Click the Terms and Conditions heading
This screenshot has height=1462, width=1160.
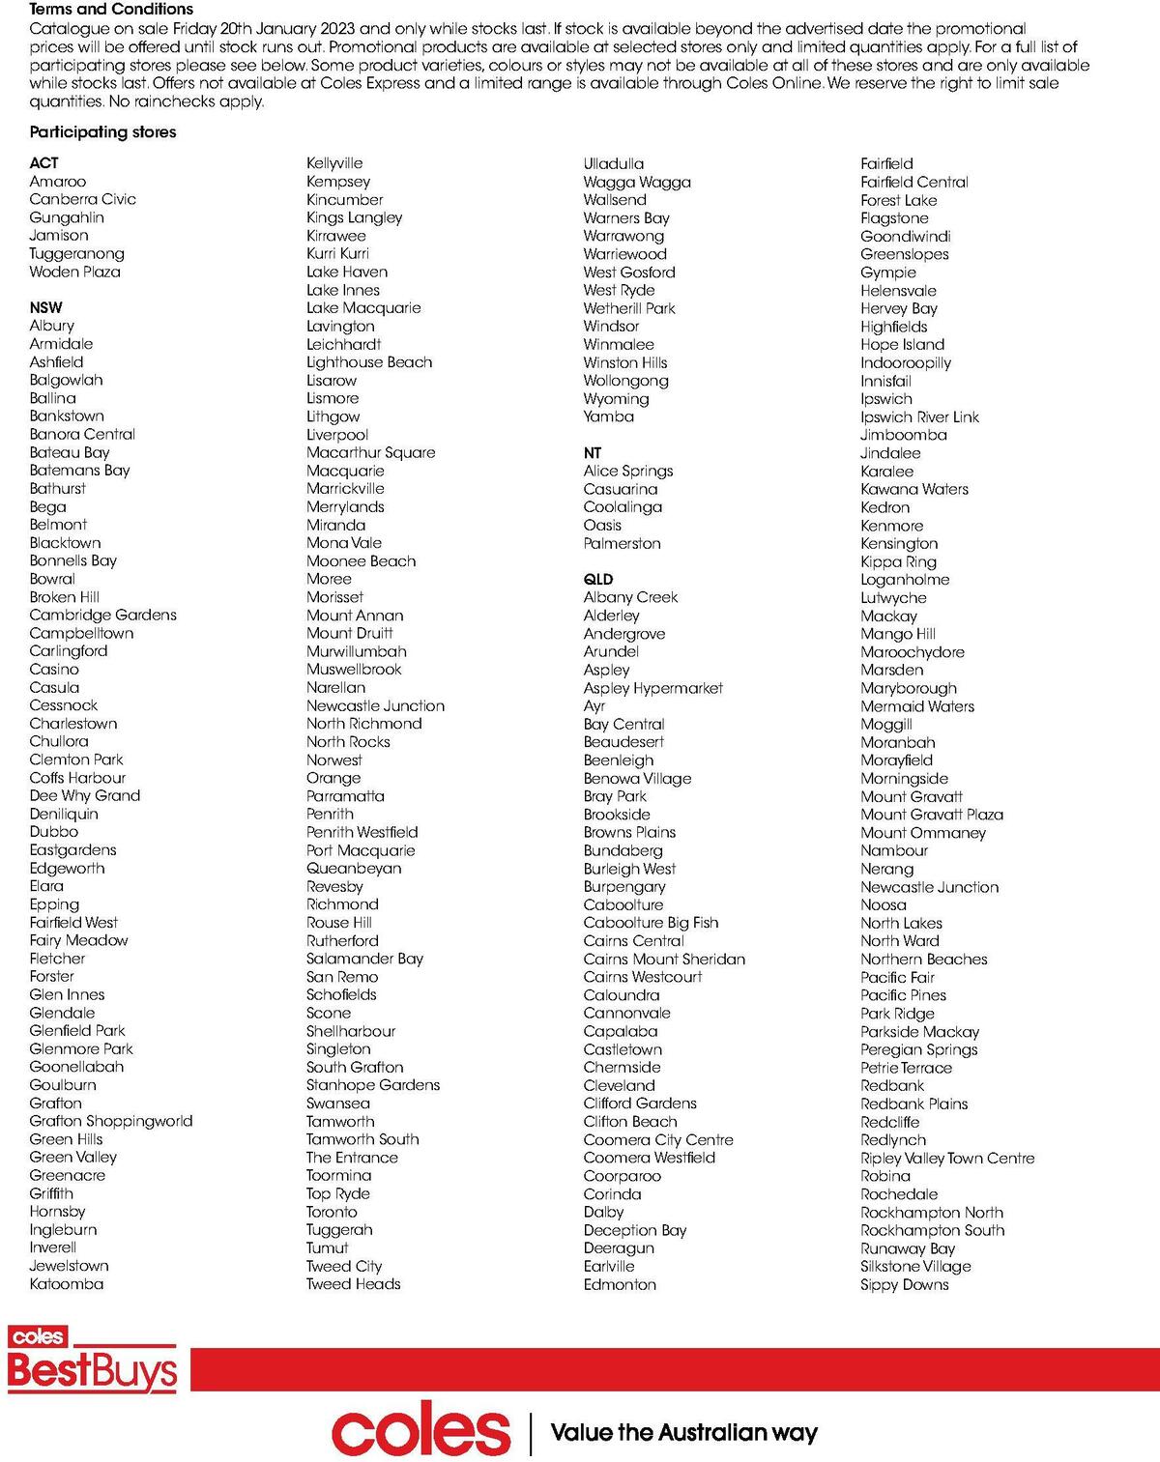tap(111, 9)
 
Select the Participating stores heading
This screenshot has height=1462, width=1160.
tap(102, 132)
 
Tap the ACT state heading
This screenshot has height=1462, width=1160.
tap(43, 163)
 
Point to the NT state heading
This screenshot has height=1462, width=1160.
tap(593, 452)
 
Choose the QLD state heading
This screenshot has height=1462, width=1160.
tap(598, 579)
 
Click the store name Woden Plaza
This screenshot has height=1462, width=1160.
tap(74, 272)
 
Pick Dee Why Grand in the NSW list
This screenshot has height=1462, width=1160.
tap(84, 795)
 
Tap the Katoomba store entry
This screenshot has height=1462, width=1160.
tap(66, 1283)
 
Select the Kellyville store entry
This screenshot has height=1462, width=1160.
tap(334, 163)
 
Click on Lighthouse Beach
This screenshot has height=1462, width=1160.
tap(368, 362)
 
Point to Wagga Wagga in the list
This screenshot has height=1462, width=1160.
tap(636, 182)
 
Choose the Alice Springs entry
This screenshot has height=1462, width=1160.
tap(627, 471)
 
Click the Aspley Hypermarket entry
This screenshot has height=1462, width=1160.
tap(652, 688)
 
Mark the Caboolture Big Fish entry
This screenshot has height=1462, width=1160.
tap(651, 923)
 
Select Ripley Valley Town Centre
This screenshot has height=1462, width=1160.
tap(946, 1158)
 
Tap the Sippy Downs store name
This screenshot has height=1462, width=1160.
tap(904, 1284)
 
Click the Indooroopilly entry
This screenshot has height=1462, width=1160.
tap(905, 362)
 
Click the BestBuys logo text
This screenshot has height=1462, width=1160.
tap(93, 1370)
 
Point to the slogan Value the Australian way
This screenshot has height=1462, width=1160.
tap(683, 1432)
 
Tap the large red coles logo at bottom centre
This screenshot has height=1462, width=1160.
tap(420, 1432)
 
